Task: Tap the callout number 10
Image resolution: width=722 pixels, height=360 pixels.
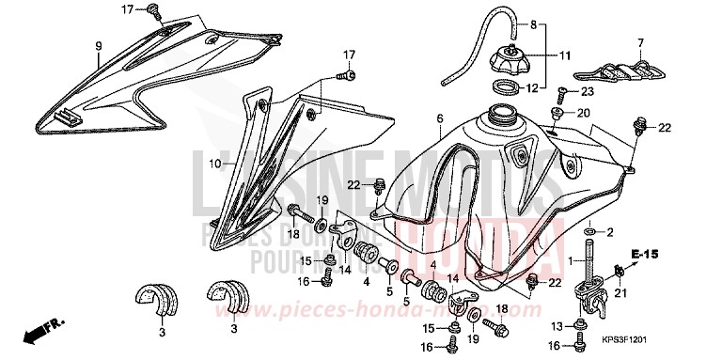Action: (214, 163)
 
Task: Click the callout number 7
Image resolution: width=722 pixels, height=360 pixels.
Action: (640, 42)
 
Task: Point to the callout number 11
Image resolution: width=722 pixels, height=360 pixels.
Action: (564, 55)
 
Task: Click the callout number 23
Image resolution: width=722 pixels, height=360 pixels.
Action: (588, 92)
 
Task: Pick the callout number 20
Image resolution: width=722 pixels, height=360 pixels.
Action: (583, 113)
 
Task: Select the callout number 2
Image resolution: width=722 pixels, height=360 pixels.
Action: (609, 231)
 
